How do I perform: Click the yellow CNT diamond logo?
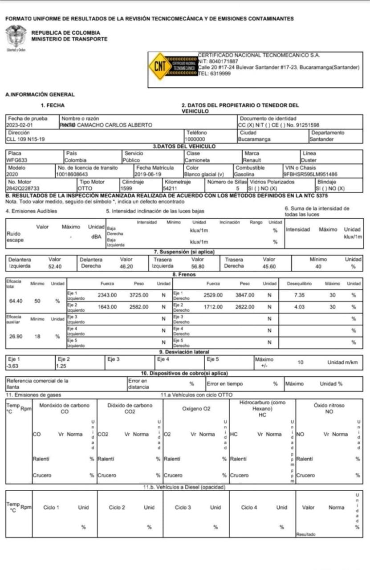click(159, 66)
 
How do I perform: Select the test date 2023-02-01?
click(20, 125)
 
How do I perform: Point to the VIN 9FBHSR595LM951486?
click(310, 174)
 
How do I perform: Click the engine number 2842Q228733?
click(23, 188)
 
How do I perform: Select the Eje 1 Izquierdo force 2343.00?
click(107, 295)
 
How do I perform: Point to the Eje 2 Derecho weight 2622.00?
click(245, 307)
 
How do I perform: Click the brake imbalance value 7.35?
click(299, 295)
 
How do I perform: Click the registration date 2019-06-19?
click(148, 174)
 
